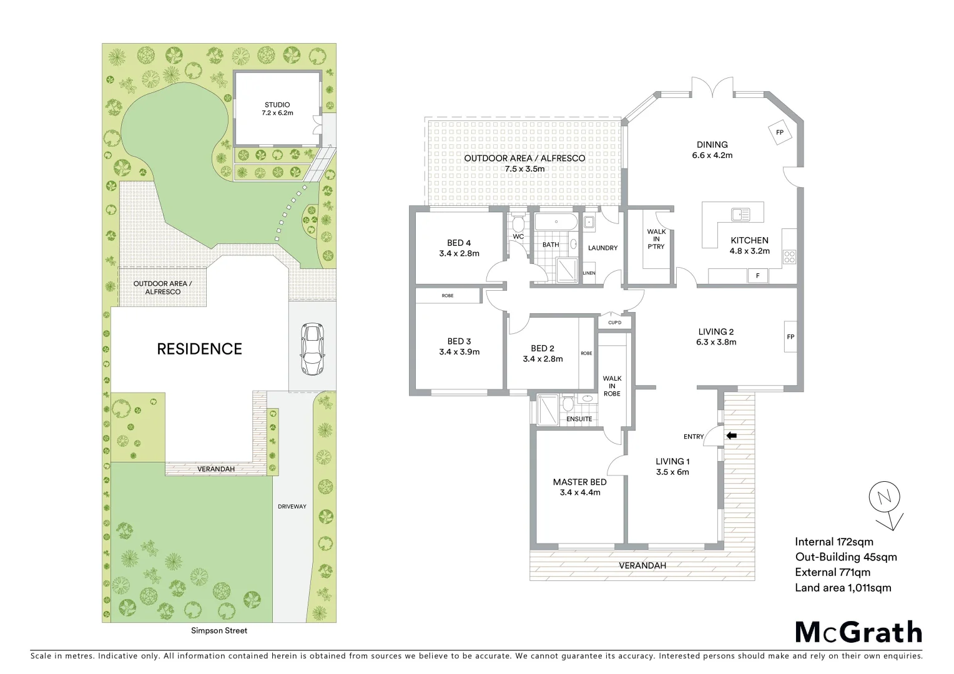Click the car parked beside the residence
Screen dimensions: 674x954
click(x=312, y=349)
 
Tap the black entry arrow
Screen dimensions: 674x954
click(x=731, y=436)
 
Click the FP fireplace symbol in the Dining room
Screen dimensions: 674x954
click(x=779, y=132)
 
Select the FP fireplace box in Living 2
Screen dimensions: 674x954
click(x=790, y=337)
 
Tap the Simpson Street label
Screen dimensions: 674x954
click(x=219, y=630)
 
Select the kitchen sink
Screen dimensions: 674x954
click(x=740, y=215)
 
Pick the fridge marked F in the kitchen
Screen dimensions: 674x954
click(x=757, y=275)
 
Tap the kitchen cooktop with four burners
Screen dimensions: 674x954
click(x=789, y=257)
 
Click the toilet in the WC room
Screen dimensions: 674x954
click(x=518, y=224)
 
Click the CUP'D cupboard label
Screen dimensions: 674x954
click(x=614, y=323)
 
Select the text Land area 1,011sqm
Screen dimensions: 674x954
click(x=843, y=587)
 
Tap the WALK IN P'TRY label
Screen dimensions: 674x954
click(x=656, y=239)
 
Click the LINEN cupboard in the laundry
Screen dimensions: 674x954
click(x=589, y=273)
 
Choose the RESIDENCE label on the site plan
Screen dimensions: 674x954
click(x=199, y=349)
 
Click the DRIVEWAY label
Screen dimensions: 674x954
click(x=292, y=506)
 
